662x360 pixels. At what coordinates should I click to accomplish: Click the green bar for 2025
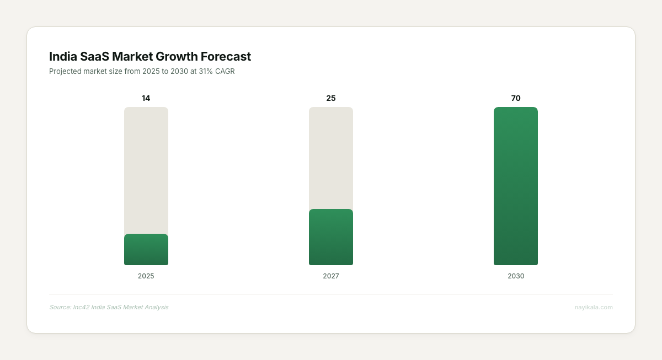(146, 249)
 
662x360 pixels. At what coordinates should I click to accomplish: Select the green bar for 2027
(330, 237)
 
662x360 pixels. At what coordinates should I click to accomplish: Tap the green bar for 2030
(515, 186)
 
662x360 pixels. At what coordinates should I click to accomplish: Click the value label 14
(146, 98)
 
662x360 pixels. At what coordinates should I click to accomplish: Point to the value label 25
(330, 98)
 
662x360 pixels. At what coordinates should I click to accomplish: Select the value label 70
(515, 98)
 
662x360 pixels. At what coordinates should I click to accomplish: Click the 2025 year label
(146, 276)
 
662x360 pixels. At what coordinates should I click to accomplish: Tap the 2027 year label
(330, 276)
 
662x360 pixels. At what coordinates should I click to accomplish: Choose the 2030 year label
(515, 276)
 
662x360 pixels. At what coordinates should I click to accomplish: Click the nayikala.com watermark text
(594, 307)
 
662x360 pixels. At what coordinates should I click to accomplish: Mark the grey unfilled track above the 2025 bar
(146, 170)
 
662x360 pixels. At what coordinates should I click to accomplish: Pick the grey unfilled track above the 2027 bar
(330, 158)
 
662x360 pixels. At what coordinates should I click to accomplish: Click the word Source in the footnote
(60, 307)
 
